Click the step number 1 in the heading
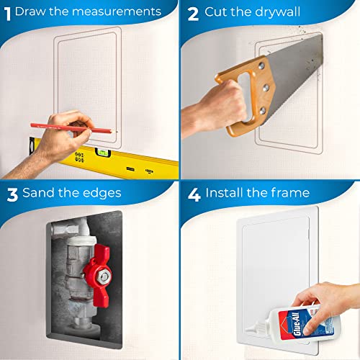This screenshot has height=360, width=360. tap(6, 12)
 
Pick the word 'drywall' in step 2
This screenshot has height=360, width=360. tap(284, 12)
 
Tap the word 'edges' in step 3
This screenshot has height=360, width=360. tap(102, 193)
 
